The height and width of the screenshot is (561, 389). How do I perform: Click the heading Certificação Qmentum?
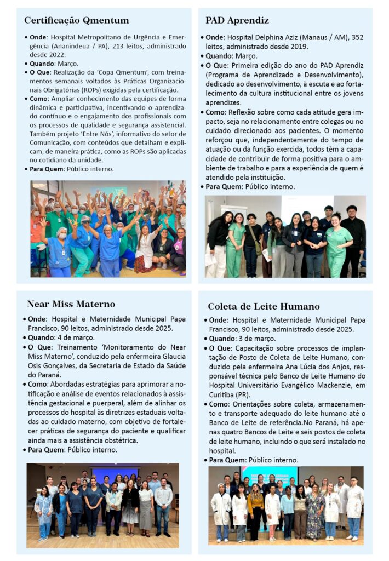(76, 21)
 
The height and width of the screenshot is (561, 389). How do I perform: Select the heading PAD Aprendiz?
(237, 21)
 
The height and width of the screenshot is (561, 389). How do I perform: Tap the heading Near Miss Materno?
(71, 304)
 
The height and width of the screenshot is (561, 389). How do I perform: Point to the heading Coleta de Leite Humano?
(264, 306)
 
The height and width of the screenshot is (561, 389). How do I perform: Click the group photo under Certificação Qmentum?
(108, 228)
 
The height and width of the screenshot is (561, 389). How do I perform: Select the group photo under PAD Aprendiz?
(285, 236)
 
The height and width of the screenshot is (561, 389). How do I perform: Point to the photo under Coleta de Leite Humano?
(285, 505)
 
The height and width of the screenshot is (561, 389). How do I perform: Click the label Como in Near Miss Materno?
(41, 384)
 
